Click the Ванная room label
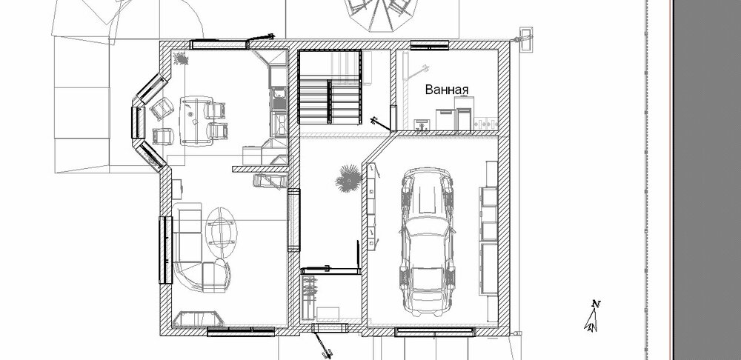[x=447, y=90]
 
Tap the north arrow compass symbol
[x=592, y=316]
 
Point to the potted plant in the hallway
[x=348, y=178]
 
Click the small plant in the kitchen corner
[x=181, y=59]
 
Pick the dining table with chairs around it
[x=196, y=121]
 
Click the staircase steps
[x=330, y=101]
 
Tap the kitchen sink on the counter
[x=279, y=101]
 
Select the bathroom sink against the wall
[x=422, y=124]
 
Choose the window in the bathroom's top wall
[x=429, y=45]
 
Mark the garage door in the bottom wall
[x=435, y=332]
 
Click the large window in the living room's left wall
[x=165, y=250]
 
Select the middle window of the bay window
[x=138, y=122]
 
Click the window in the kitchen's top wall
[x=219, y=44]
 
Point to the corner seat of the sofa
[x=215, y=272]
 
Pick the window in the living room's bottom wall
[x=241, y=331]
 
